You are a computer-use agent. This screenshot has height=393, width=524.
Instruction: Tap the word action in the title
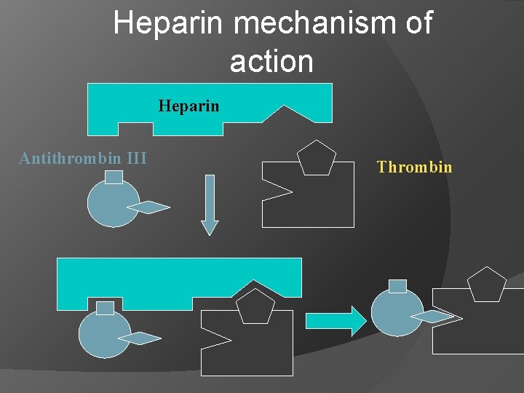(271, 61)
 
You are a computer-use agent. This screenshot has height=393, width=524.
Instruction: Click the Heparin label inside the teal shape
(189, 106)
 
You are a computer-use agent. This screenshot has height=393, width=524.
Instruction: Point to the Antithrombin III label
(83, 158)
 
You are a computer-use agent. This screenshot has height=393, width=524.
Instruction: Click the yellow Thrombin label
(414, 167)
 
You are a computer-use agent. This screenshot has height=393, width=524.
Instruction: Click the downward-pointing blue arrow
(210, 204)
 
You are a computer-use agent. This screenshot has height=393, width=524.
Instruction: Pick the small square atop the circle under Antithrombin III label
(114, 177)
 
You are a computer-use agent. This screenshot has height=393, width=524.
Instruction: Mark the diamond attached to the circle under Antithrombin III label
(151, 207)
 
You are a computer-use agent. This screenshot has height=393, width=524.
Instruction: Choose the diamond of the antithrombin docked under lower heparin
(140, 338)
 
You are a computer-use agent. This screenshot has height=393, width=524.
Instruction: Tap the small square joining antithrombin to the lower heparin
(105, 308)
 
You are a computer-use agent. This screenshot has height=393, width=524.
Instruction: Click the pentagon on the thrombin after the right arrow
(486, 285)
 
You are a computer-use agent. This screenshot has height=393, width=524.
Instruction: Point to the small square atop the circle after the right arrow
(397, 286)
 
